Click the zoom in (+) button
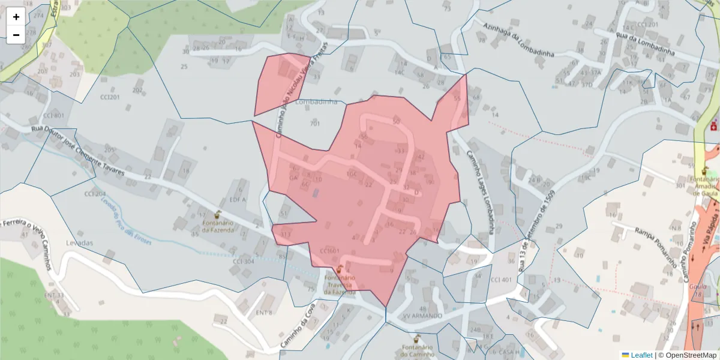[16, 17]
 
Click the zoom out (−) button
[16, 35]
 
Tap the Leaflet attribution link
[641, 355]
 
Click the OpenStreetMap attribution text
[687, 355]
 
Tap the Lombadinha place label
[316, 102]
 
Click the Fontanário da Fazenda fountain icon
[217, 214]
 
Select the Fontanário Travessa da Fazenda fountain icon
[340, 269]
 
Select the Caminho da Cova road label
[298, 327]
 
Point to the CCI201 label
[110, 97]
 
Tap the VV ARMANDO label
[422, 316]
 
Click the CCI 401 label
[501, 280]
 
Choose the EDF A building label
[238, 199]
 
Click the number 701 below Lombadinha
[315, 124]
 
